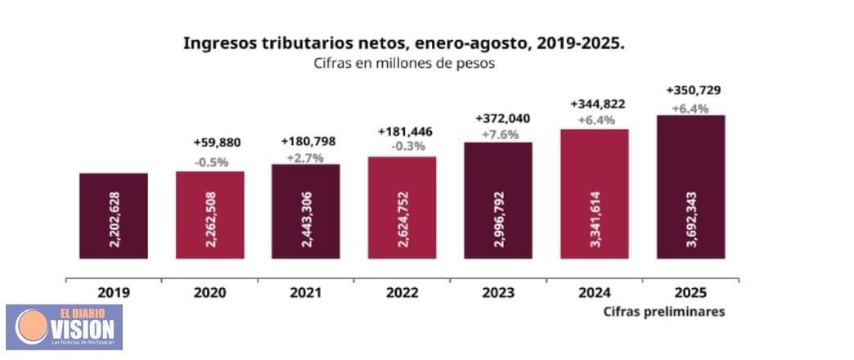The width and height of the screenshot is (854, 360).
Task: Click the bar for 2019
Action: click(113, 216)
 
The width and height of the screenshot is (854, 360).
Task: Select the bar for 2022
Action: click(402, 208)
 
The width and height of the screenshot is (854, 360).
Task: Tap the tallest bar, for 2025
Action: click(691, 187)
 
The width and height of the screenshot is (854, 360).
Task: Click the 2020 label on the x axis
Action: click(209, 292)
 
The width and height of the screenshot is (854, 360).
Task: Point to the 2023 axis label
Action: click(498, 292)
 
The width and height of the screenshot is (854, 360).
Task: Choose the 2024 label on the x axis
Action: click(595, 292)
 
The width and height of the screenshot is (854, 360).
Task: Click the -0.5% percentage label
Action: click(211, 161)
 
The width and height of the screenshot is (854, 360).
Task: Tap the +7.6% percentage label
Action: click(497, 134)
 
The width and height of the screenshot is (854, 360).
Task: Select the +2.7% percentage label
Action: click(306, 157)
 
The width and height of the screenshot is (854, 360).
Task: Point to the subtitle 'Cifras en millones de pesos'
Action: click(403, 64)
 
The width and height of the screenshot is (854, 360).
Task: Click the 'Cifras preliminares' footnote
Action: click(664, 312)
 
